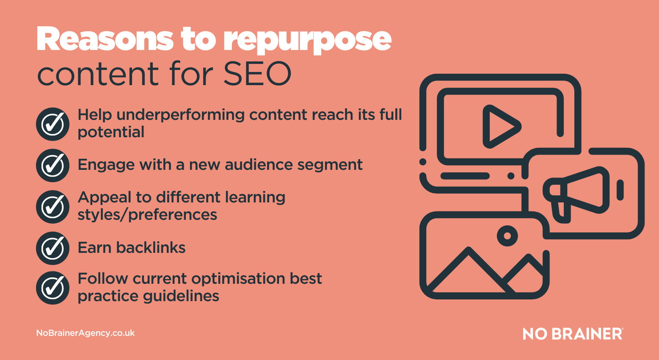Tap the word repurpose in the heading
pyautogui.click(x=307, y=41)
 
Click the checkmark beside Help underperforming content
pyautogui.click(x=53, y=124)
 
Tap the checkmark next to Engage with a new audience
pyautogui.click(x=53, y=165)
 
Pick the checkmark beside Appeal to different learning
pyautogui.click(x=53, y=207)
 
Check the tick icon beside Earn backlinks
pyautogui.click(x=53, y=248)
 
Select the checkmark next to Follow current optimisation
pyautogui.click(x=53, y=288)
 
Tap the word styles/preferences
pyautogui.click(x=147, y=215)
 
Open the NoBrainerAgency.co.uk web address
pyautogui.click(x=85, y=333)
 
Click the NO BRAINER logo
pyautogui.click(x=573, y=334)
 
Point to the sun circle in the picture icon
pyautogui.click(x=507, y=235)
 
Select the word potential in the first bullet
pyautogui.click(x=111, y=133)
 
